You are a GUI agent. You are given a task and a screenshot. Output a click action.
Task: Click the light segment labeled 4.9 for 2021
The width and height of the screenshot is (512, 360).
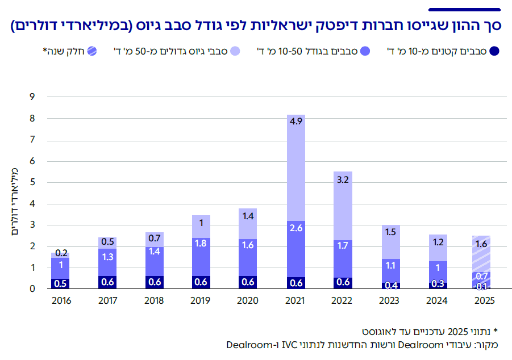pos(295,168)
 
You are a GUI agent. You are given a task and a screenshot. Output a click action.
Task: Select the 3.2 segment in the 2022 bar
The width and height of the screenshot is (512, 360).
pos(342,206)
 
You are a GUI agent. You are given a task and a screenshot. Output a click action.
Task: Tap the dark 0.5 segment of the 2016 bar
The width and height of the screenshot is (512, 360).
pos(60,283)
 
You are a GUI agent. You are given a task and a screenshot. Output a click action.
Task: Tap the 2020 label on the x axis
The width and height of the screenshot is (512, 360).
pos(248,300)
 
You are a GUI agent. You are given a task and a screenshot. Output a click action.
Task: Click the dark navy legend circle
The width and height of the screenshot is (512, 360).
pos(494,52)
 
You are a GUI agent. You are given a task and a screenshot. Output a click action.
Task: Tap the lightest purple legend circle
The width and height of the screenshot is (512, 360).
pos(236,52)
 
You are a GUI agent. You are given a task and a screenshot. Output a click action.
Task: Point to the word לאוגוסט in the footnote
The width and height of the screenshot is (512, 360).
pos(376,330)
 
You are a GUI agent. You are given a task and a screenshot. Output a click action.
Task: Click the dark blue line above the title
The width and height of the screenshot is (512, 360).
pos(464,9)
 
